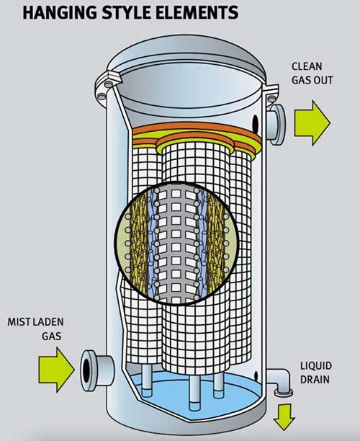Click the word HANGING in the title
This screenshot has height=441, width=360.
(60, 12)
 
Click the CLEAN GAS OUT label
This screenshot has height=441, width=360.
(312, 73)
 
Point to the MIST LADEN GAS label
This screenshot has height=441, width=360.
(36, 329)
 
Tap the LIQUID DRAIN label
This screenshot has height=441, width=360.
(316, 373)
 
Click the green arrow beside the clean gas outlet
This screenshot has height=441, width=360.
(312, 123)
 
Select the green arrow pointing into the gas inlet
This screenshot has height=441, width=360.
(56, 370)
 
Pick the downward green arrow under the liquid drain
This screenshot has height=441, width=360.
(284, 416)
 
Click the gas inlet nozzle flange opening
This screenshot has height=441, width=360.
(86, 370)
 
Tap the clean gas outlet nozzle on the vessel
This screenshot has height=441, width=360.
(276, 125)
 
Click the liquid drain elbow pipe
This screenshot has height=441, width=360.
(280, 381)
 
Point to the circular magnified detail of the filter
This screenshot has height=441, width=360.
(176, 244)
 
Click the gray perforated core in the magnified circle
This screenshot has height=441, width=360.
(176, 244)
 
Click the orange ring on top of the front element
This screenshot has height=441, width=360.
(194, 140)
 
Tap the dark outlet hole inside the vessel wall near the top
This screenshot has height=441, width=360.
(255, 123)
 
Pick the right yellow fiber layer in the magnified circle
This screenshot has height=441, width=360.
(215, 242)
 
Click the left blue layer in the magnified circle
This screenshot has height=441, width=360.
(151, 242)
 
